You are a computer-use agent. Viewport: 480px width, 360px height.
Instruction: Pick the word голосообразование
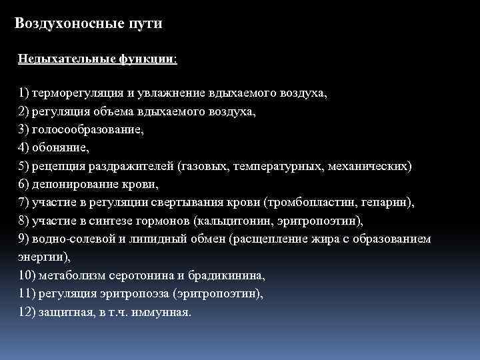(86, 129)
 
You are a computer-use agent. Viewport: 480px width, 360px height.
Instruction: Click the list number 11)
(29, 292)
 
